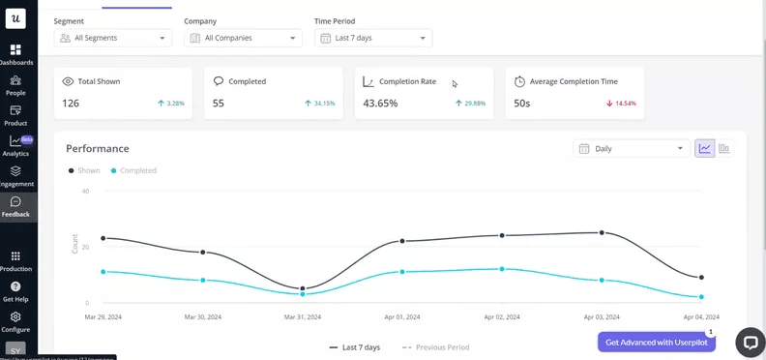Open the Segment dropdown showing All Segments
click(112, 38)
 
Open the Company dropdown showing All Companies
click(243, 38)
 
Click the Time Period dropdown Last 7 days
click(373, 38)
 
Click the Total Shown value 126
click(71, 104)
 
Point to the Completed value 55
click(219, 104)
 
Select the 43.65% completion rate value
click(380, 104)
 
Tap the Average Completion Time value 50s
click(521, 104)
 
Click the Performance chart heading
click(97, 148)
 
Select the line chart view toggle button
click(705, 149)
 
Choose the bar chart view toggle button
click(724, 149)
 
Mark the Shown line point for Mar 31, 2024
click(303, 288)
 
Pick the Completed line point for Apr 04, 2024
click(701, 297)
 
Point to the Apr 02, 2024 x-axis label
click(501, 316)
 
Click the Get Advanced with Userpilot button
click(656, 342)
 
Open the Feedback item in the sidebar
click(16, 207)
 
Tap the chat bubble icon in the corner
click(750, 343)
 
